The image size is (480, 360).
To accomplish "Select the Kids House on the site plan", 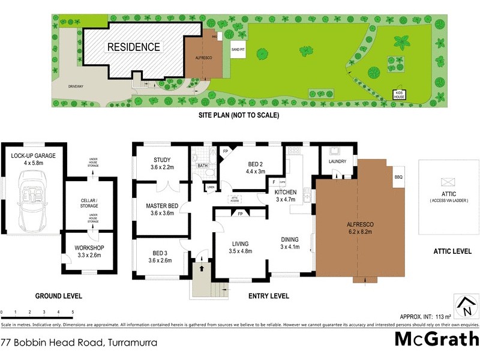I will click(x=399, y=94).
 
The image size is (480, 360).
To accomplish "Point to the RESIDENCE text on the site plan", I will click(x=134, y=47).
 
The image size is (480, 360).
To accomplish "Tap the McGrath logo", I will click(x=436, y=339).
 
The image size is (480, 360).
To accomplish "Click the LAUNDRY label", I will click(x=338, y=161).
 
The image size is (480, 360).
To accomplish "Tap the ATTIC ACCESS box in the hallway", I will click(x=235, y=199).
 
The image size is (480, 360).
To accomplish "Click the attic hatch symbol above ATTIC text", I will click(x=448, y=182).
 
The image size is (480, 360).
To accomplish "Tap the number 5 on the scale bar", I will click(x=73, y=313).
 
